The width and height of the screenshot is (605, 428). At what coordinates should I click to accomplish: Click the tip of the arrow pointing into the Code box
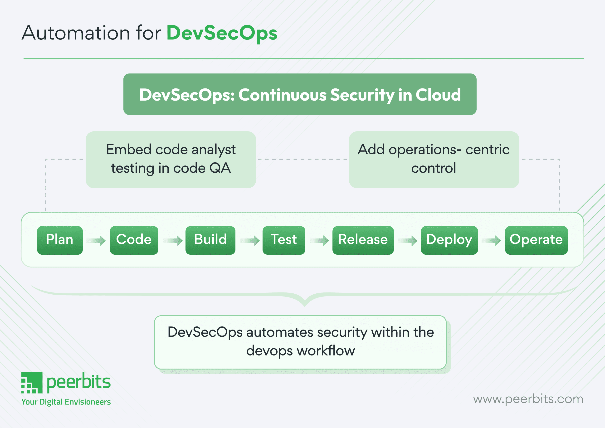[x=106, y=240]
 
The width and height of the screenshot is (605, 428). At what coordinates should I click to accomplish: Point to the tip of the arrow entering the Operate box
[x=501, y=240]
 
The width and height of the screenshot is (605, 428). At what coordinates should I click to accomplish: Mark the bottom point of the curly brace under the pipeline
[x=305, y=306]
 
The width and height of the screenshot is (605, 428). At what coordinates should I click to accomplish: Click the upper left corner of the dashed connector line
[x=46, y=160]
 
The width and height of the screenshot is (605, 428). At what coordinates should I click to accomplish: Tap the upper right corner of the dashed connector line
[x=559, y=160]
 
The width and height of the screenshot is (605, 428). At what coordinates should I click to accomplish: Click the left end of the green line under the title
[x=24, y=59]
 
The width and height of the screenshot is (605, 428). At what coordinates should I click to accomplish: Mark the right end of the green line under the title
[x=584, y=59]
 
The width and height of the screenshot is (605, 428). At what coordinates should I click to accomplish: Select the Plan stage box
[x=60, y=240]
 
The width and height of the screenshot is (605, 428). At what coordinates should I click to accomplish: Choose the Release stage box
[x=363, y=240]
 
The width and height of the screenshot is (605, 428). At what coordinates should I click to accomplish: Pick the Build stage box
[x=210, y=240]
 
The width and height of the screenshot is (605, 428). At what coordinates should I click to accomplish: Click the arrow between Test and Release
[x=319, y=240]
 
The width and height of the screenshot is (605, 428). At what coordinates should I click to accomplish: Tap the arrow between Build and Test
[x=250, y=240]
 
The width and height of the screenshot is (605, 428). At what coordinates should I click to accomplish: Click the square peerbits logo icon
[x=32, y=383]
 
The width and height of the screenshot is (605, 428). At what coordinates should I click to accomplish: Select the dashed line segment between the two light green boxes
[x=302, y=160]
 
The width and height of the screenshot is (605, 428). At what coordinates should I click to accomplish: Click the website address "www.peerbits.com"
[x=528, y=399]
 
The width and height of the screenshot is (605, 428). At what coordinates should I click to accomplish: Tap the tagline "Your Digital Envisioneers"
[x=66, y=402]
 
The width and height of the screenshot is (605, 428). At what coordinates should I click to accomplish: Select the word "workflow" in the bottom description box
[x=326, y=351]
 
